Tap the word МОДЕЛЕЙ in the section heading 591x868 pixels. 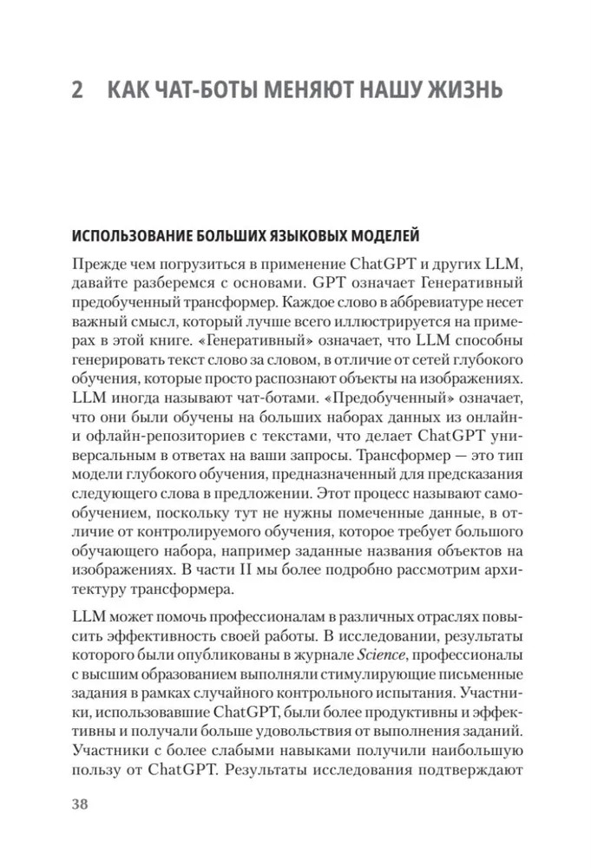pyautogui.click(x=382, y=236)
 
